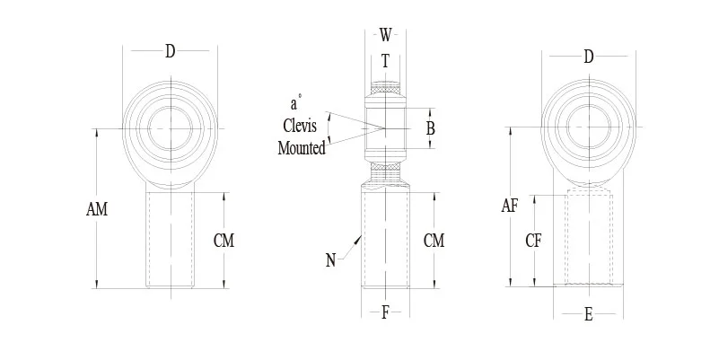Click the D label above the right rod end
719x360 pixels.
(x=589, y=57)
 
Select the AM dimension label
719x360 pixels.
(x=97, y=209)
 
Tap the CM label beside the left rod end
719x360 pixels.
(x=225, y=240)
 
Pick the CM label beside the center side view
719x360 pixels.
(x=434, y=240)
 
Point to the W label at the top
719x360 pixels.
(x=385, y=35)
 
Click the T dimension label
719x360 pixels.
(x=385, y=61)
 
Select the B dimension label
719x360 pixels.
(x=430, y=128)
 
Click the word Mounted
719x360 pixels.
(x=302, y=148)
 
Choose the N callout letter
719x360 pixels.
(x=331, y=261)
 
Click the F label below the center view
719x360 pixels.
(x=385, y=313)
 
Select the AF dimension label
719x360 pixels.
(x=510, y=206)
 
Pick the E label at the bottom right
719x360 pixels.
(x=589, y=314)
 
